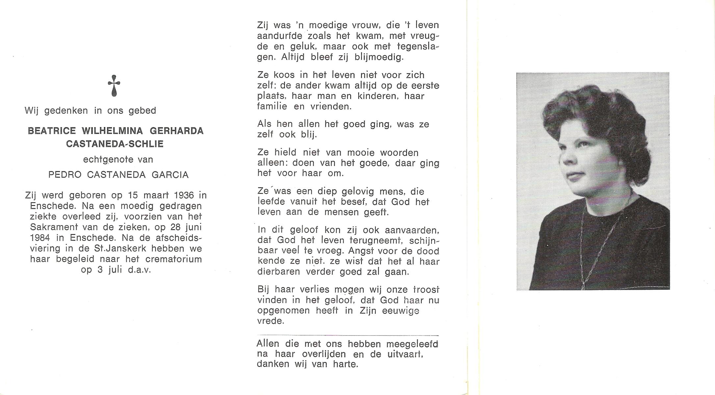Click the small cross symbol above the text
(114, 86)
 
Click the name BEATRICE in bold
(52, 131)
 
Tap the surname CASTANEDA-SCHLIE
(115, 144)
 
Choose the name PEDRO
(65, 175)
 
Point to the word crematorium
(173, 259)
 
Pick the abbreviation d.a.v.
(139, 270)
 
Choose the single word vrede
(270, 321)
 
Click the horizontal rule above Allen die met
(347, 335)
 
